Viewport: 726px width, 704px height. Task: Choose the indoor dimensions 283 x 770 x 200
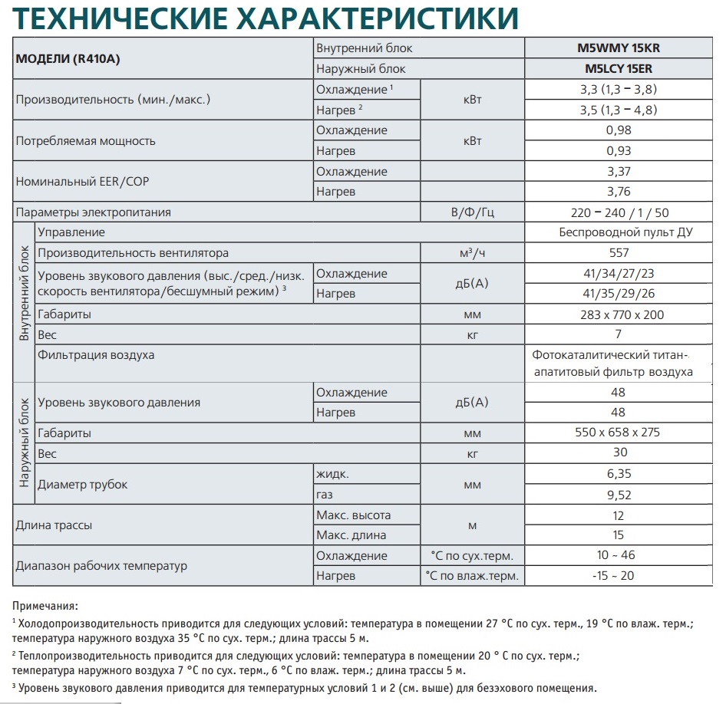click(x=619, y=314)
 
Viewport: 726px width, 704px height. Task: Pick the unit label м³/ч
click(x=472, y=253)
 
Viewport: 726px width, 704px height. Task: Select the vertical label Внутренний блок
click(x=24, y=294)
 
